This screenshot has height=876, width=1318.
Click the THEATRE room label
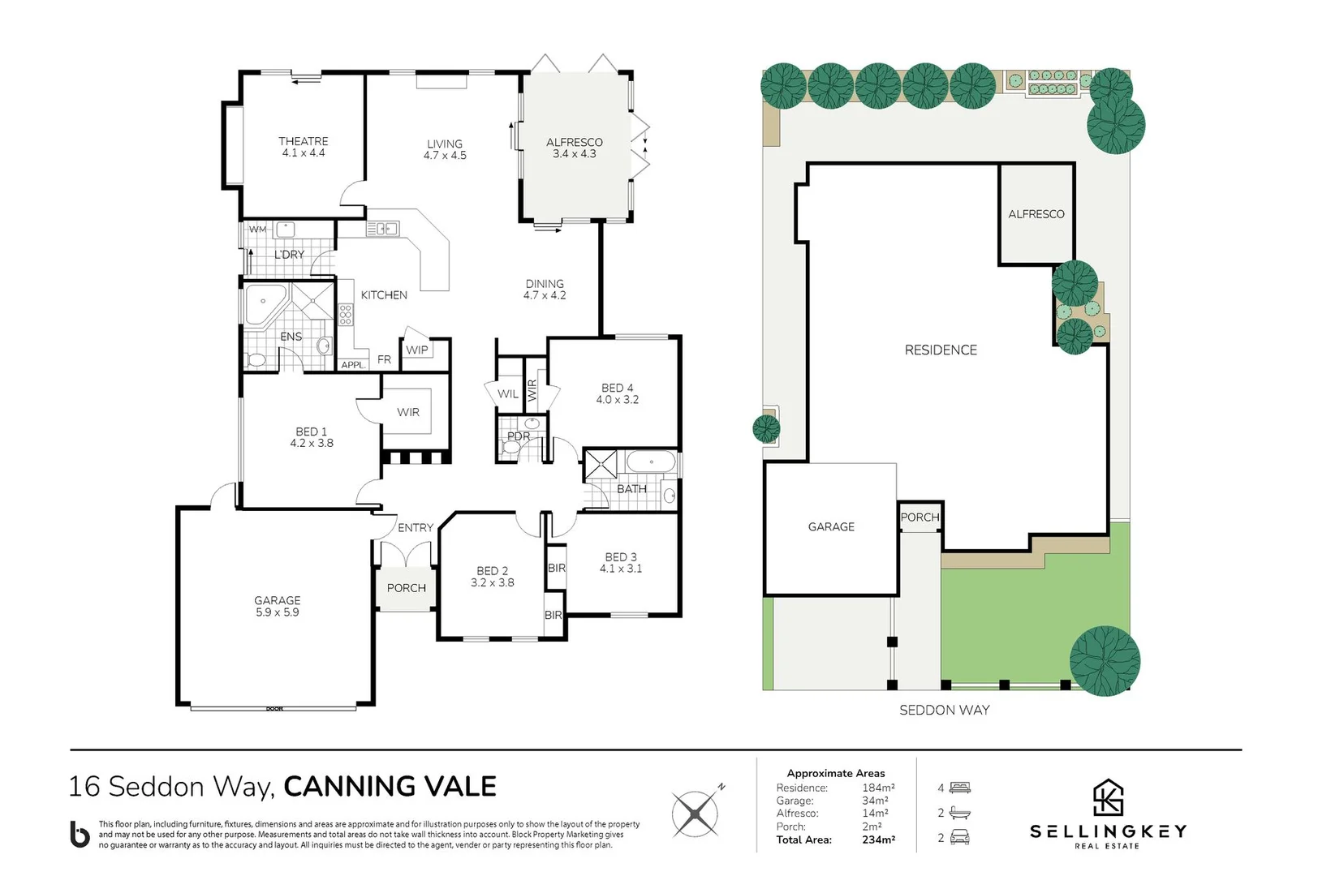pyautogui.click(x=303, y=141)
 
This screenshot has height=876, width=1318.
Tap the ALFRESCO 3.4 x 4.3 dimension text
pyautogui.click(x=575, y=154)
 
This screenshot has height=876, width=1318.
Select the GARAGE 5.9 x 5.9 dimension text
pyautogui.click(x=277, y=612)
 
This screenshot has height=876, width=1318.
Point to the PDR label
pyautogui.click(x=519, y=436)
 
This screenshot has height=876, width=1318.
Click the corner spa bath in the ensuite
pyautogui.click(x=265, y=304)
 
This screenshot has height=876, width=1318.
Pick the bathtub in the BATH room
pyautogui.click(x=651, y=462)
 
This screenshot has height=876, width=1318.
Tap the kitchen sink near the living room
pyautogui.click(x=382, y=229)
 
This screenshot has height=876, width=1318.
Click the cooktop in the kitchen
pyautogui.click(x=346, y=315)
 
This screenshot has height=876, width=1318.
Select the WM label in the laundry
pyautogui.click(x=257, y=230)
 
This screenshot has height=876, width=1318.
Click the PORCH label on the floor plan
pyautogui.click(x=406, y=588)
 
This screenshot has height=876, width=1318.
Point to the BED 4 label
pyautogui.click(x=618, y=388)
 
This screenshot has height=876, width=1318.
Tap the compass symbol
pyautogui.click(x=696, y=814)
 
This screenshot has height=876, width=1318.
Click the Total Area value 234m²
pyautogui.click(x=878, y=839)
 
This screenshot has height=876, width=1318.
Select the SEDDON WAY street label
pyautogui.click(x=945, y=711)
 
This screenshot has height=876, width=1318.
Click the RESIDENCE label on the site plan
pyautogui.click(x=941, y=350)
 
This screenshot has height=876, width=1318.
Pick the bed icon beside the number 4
pyautogui.click(x=959, y=788)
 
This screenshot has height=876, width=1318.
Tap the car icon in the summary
pyautogui.click(x=959, y=836)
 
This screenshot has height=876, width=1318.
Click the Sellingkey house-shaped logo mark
pyautogui.click(x=1108, y=798)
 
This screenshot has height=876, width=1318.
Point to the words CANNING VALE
pyautogui.click(x=390, y=787)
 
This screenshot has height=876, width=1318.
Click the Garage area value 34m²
pyautogui.click(x=875, y=801)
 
